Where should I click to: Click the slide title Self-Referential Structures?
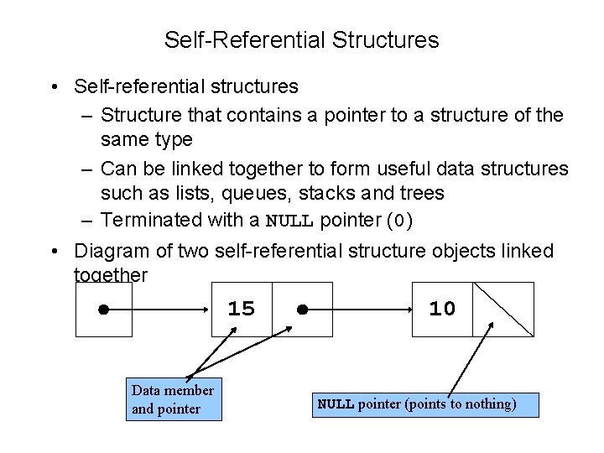pyautogui.click(x=301, y=39)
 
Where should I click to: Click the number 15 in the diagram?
pyautogui.click(x=242, y=309)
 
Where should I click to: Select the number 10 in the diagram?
pyautogui.click(x=442, y=309)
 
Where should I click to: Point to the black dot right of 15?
pyautogui.click(x=303, y=310)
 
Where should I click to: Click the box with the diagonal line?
pyautogui.click(x=503, y=309)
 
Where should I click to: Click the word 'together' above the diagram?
pyautogui.click(x=112, y=274)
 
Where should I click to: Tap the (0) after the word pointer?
pyautogui.click(x=399, y=221)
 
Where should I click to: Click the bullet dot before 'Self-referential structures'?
pyautogui.click(x=53, y=86)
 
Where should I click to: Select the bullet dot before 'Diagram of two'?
pyautogui.click(x=53, y=251)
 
